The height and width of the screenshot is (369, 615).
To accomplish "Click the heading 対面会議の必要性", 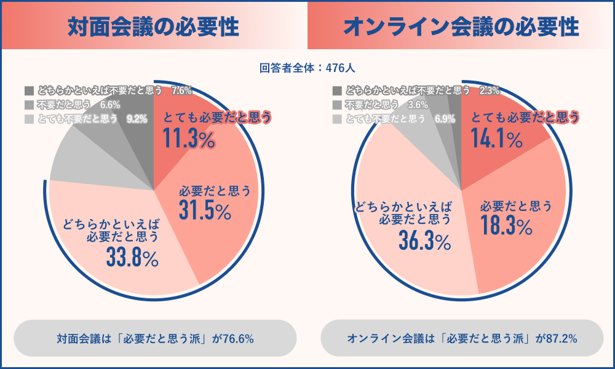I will click(153, 26).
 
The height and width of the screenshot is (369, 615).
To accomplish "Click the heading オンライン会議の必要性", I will click(461, 26).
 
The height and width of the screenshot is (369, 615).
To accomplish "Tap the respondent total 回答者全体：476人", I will click(307, 68).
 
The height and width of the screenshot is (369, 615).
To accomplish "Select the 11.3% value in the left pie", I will click(189, 140).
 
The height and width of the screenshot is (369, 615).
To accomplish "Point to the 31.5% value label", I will click(205, 210).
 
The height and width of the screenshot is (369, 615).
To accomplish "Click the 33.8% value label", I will click(132, 258).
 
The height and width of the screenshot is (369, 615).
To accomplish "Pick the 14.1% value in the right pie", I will click(496, 140).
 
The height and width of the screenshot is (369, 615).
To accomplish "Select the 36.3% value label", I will click(424, 242).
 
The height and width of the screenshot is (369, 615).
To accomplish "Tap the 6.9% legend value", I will click(444, 119).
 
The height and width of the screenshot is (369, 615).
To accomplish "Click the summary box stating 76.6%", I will click(155, 338).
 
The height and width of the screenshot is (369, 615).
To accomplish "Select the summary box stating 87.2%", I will click(462, 338).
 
